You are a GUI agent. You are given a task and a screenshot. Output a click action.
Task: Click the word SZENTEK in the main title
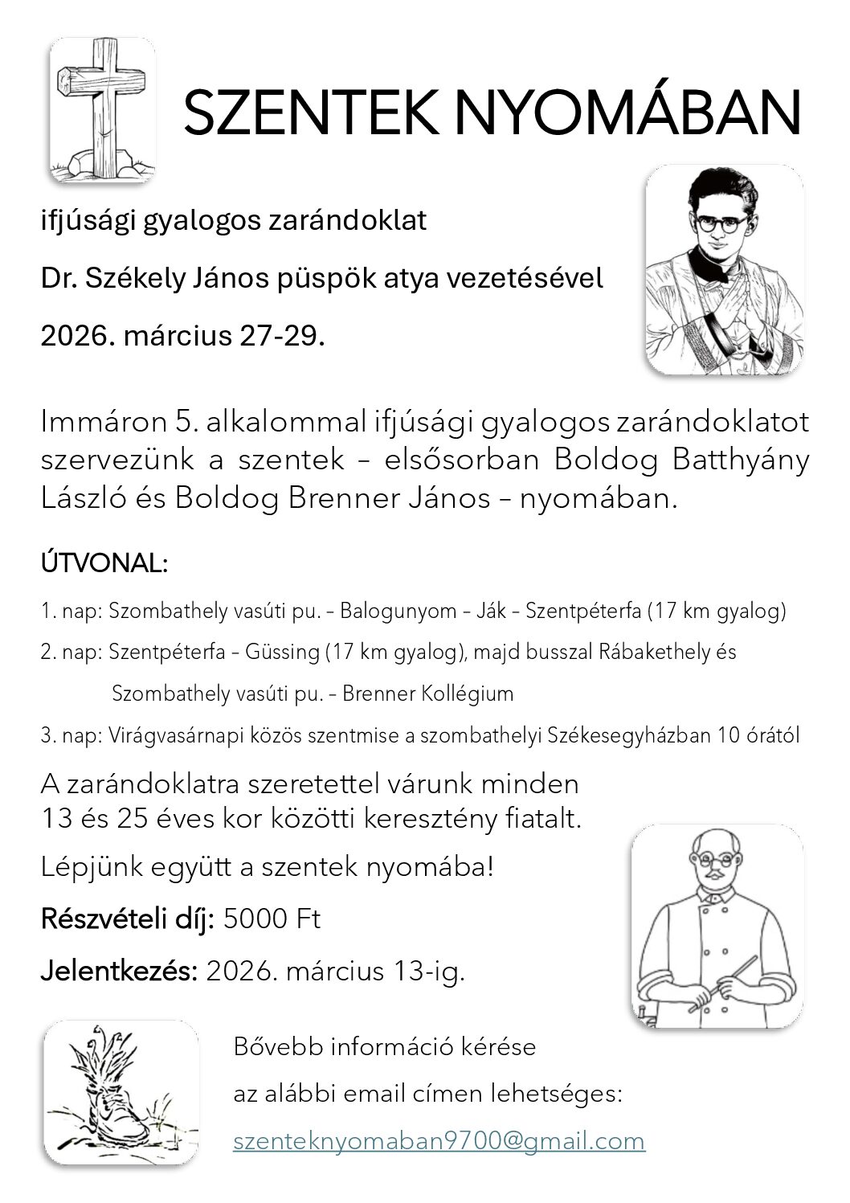tap(310, 113)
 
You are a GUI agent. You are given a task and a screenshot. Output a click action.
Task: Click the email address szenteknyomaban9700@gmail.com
tap(439, 1141)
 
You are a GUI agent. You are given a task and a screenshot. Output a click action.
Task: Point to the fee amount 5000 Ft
tap(272, 919)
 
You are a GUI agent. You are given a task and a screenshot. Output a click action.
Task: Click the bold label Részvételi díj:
tap(127, 919)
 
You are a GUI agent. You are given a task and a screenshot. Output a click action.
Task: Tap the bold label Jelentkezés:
tap(119, 972)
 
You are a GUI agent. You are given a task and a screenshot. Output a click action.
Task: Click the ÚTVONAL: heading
tap(104, 564)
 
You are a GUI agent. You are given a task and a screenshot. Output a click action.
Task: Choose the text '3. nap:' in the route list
tap(69, 736)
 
